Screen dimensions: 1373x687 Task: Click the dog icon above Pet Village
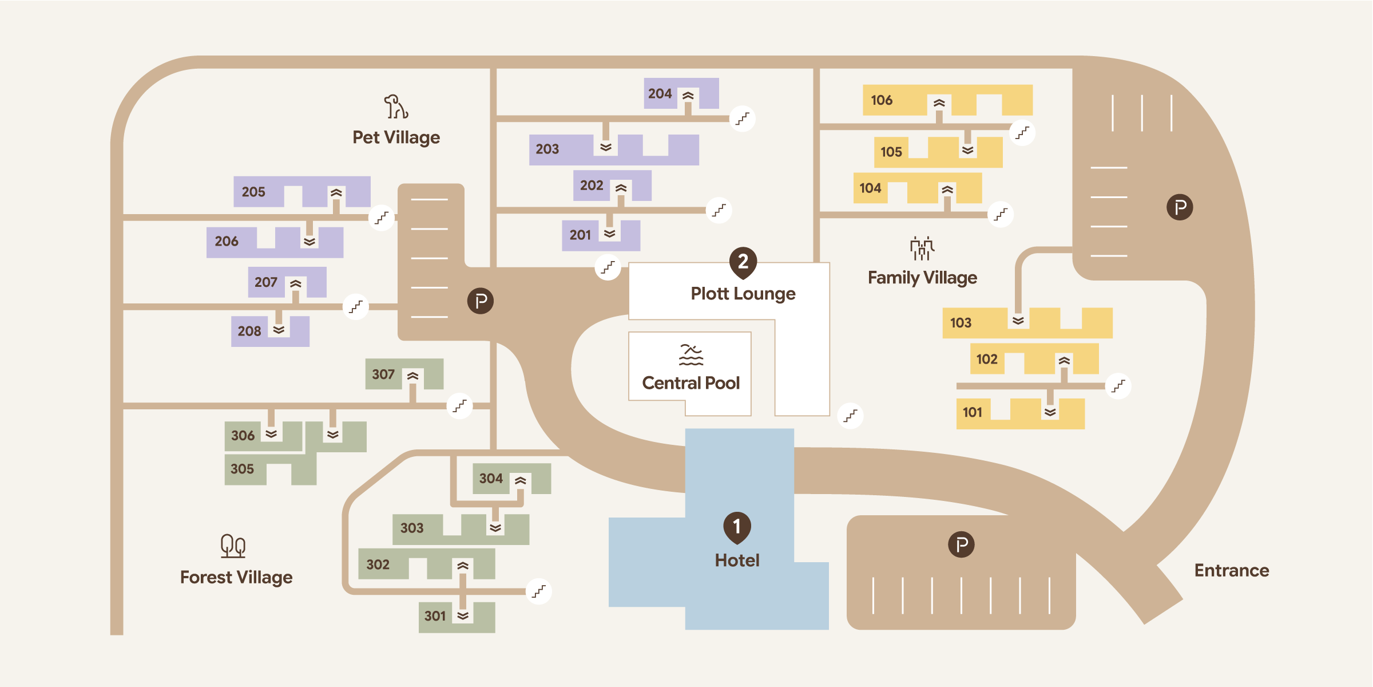click(396, 106)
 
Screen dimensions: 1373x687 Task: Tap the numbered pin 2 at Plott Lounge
click(743, 263)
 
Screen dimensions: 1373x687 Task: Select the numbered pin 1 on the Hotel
click(737, 527)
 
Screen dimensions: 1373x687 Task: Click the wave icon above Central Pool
click(691, 355)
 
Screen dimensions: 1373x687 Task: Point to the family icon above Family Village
click(922, 248)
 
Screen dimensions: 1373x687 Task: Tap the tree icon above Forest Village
click(233, 546)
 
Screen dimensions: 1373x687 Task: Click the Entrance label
click(1232, 570)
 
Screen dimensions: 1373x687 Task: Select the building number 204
click(660, 93)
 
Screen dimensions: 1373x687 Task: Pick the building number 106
click(882, 100)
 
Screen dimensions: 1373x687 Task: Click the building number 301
click(435, 616)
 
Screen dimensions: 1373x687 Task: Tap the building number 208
click(249, 331)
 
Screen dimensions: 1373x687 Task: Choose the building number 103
click(961, 323)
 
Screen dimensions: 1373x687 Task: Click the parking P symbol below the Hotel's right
click(961, 544)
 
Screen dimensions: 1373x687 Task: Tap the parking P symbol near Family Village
click(1180, 207)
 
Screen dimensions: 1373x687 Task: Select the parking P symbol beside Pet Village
click(481, 301)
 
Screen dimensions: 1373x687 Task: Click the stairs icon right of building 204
click(743, 119)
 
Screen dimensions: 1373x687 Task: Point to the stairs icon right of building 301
click(539, 591)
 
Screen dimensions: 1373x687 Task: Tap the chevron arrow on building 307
click(413, 376)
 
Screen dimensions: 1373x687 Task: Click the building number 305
click(242, 469)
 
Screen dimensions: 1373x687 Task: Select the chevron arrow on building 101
click(1050, 412)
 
